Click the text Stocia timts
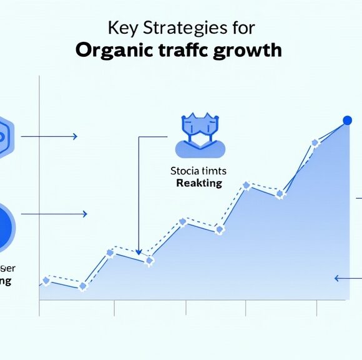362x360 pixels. [x=199, y=170]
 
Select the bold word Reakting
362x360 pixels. [x=199, y=183]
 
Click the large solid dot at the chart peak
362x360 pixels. [x=347, y=121]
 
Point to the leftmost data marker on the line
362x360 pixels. [x=45, y=281]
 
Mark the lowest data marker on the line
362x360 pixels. [x=82, y=286]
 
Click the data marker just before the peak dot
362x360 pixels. [x=315, y=143]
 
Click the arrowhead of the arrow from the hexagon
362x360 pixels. [x=74, y=136]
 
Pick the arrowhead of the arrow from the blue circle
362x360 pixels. [x=84, y=214]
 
